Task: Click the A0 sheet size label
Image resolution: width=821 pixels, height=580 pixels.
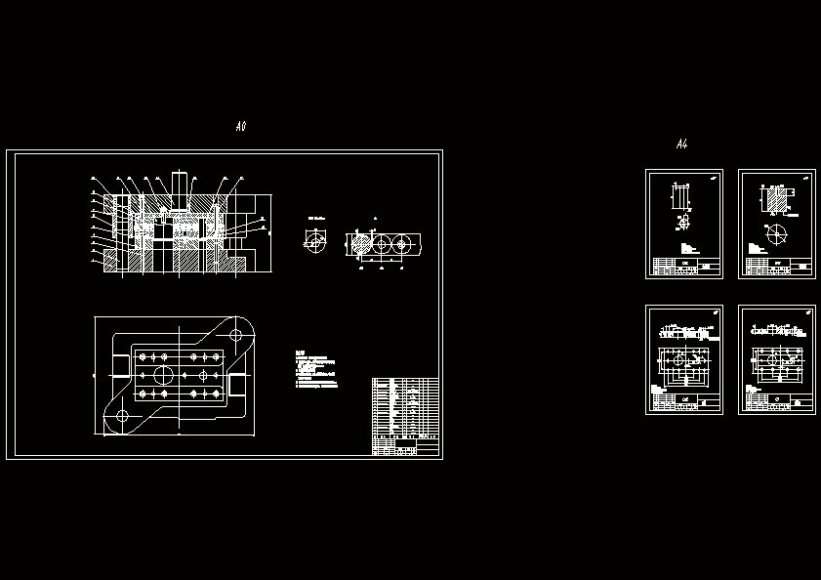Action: pyautogui.click(x=241, y=127)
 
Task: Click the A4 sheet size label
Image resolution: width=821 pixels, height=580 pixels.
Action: pyautogui.click(x=681, y=145)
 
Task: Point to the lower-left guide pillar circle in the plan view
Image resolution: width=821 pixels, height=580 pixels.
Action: pyautogui.click(x=122, y=417)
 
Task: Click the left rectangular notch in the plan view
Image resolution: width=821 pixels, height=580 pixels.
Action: pyautogui.click(x=120, y=366)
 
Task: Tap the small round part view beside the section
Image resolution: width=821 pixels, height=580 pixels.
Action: pyautogui.click(x=315, y=240)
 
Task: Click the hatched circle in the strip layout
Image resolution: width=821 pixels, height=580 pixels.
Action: pyautogui.click(x=358, y=244)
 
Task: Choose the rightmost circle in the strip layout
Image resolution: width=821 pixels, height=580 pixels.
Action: pyautogui.click(x=400, y=244)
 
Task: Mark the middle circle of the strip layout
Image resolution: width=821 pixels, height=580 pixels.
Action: pyautogui.click(x=380, y=244)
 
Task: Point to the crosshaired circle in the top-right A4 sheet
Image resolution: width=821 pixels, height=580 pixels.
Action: pyautogui.click(x=777, y=234)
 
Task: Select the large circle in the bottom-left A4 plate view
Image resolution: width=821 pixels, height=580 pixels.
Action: pyautogui.click(x=677, y=360)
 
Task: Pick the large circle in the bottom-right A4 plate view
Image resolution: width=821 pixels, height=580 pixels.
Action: pyautogui.click(x=770, y=359)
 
